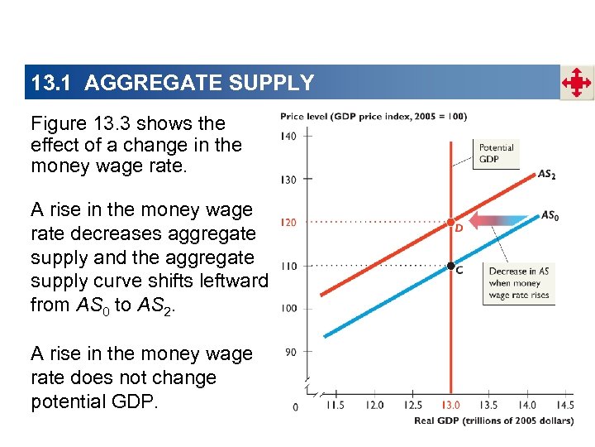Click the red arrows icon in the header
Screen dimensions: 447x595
[x=577, y=83]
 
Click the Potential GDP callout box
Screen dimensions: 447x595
[x=496, y=153]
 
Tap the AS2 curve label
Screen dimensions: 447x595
[x=546, y=175]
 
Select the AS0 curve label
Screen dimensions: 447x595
[x=550, y=216]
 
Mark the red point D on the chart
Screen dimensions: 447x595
[x=450, y=223]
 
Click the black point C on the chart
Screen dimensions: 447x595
[x=450, y=266]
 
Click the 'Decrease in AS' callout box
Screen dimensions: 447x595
[x=518, y=283]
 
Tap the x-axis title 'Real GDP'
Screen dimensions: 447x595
[x=493, y=422]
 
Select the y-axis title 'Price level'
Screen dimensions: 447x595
[x=374, y=117]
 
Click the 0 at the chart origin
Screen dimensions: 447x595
[x=296, y=406]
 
